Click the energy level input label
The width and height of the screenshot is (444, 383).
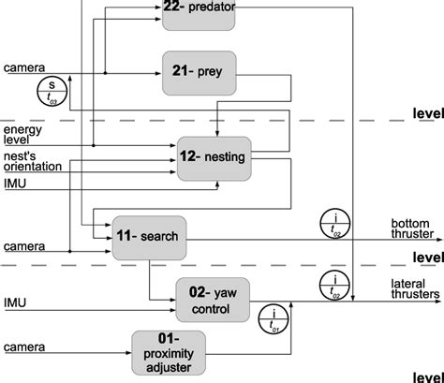point(22,135)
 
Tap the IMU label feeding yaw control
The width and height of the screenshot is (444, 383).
point(15,302)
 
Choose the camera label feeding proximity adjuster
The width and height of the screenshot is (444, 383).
point(22,348)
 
